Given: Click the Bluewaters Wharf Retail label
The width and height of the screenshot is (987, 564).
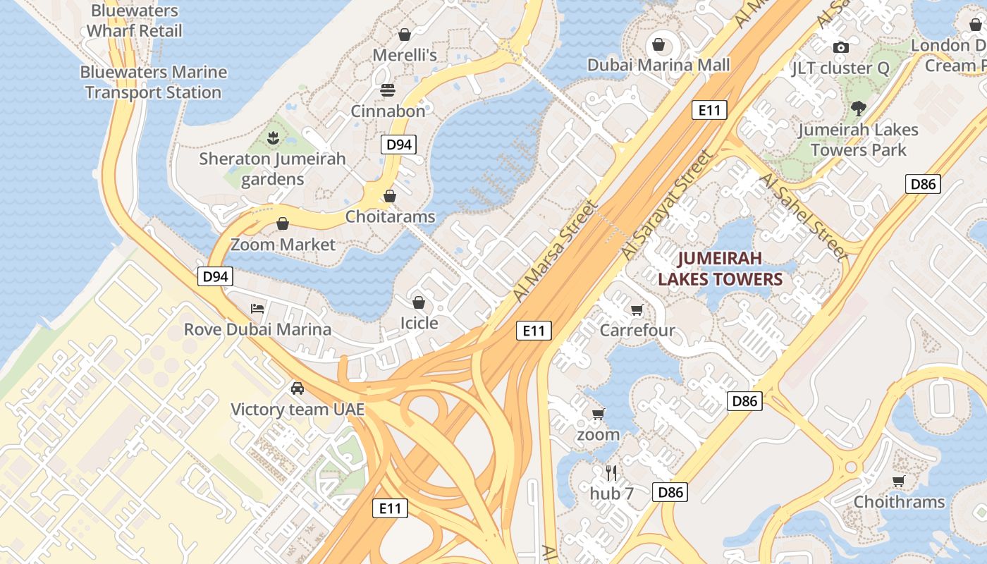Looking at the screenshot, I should click(134, 21).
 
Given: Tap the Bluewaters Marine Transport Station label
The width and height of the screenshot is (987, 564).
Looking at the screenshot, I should click(153, 82).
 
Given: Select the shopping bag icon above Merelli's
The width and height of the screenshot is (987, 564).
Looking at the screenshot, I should click(405, 34).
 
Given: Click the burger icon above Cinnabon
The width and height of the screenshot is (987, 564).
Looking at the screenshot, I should click(388, 90).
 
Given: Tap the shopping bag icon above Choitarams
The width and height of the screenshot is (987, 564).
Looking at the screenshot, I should click(390, 196).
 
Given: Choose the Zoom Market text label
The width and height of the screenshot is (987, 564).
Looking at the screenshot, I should click(283, 245).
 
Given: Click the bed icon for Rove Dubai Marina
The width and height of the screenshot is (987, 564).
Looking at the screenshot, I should click(257, 308).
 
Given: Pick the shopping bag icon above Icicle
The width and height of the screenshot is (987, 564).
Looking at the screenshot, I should click(419, 302).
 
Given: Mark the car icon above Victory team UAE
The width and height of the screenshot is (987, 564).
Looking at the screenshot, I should click(298, 388).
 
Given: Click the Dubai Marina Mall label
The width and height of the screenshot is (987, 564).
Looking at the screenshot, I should click(658, 66).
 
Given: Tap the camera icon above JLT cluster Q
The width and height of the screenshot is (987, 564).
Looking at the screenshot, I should click(840, 47).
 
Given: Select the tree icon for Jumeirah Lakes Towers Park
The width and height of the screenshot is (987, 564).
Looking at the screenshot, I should click(858, 108).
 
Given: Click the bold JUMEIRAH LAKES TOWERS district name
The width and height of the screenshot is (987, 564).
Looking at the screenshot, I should click(721, 269).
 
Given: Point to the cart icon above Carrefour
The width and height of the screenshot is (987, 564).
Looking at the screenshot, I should click(637, 309).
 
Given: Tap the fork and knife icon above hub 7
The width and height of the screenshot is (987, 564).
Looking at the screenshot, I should click(611, 472).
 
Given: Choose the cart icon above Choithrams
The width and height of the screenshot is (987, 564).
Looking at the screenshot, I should click(898, 481).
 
